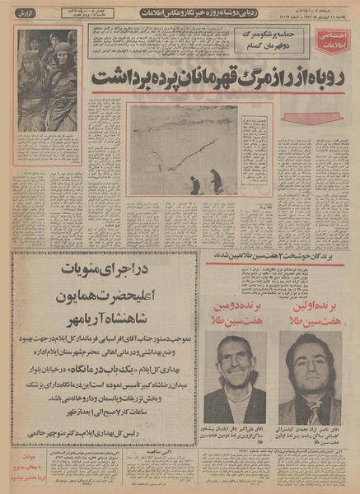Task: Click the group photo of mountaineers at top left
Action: pos(49,73)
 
